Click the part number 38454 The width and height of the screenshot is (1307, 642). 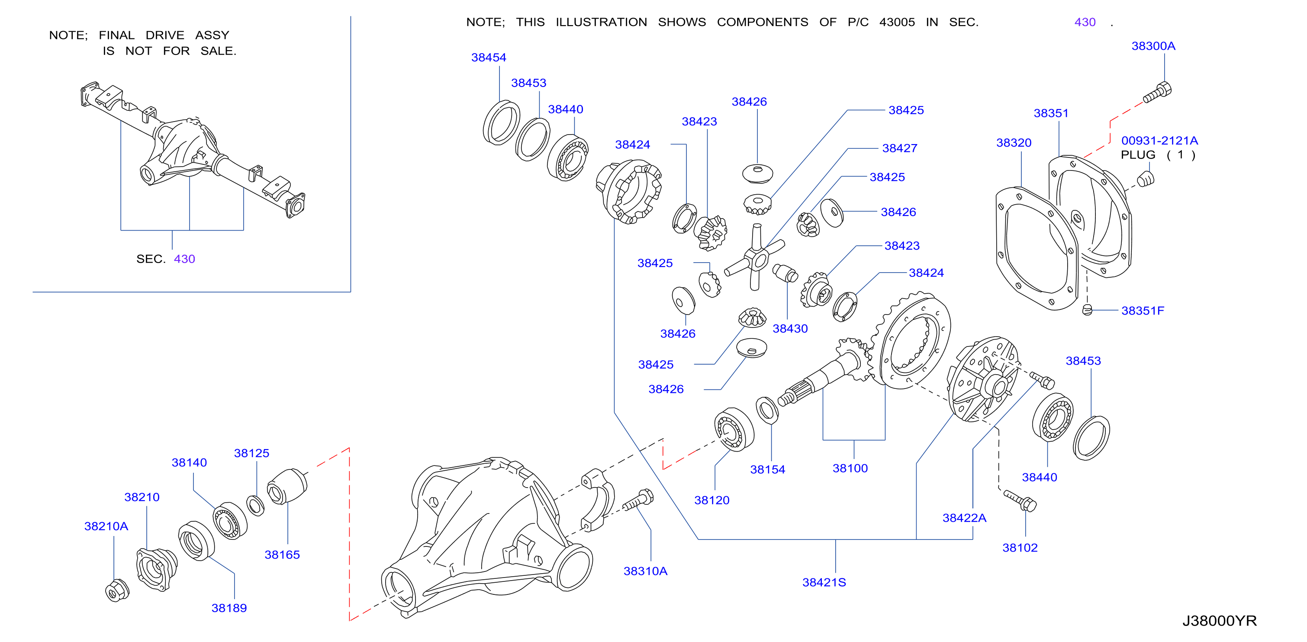489,57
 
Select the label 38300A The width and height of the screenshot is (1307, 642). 1153,45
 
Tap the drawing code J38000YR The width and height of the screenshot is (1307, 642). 1219,621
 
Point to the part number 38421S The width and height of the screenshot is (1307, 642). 824,582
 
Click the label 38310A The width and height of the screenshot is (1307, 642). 645,571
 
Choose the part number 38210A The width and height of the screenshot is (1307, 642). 106,526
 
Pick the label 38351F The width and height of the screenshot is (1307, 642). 1143,310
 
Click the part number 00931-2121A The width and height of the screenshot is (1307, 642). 1159,141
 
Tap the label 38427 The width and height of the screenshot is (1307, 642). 900,148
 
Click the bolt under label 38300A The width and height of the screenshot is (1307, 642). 1157,92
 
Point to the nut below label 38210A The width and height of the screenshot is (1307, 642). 117,590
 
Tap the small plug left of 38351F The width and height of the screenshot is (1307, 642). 1087,310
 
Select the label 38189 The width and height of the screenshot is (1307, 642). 229,608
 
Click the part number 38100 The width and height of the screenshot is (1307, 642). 850,468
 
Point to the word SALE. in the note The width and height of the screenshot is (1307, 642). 218,51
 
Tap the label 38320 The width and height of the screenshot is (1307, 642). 1014,142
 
